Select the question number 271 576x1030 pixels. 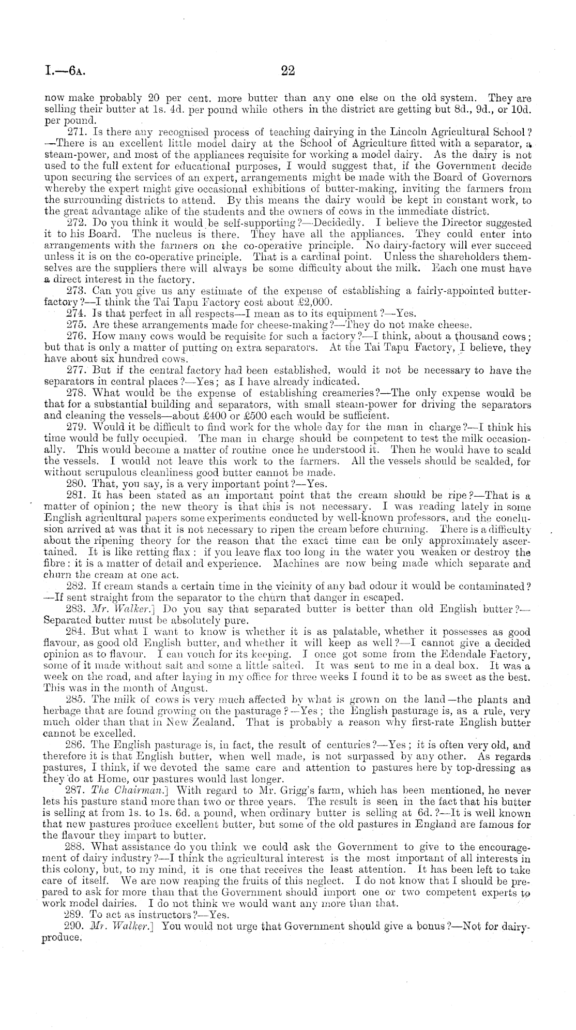[x=77, y=136]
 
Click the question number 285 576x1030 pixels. [x=77, y=700]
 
